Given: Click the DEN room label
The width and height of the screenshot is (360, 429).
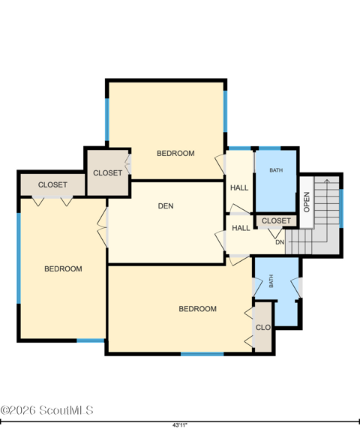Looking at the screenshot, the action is (166, 206).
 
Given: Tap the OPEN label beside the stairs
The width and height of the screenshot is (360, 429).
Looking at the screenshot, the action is (307, 202).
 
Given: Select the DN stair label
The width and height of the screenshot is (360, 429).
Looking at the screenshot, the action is (280, 242).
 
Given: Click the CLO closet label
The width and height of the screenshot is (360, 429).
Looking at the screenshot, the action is (263, 327).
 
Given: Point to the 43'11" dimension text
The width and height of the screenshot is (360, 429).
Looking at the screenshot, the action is (180, 425).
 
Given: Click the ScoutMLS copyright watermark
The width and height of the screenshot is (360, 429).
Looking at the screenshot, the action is (46, 410).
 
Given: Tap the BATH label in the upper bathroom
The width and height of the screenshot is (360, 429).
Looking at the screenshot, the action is (276, 170).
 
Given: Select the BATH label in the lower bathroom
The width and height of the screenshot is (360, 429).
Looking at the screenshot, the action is (271, 281).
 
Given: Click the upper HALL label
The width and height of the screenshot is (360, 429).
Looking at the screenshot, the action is (239, 187).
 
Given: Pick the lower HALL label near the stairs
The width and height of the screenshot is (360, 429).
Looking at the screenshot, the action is (241, 228).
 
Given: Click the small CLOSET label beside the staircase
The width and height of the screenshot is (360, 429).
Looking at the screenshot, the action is (276, 220).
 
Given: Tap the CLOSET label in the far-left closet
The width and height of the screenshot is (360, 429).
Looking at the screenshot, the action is (52, 185).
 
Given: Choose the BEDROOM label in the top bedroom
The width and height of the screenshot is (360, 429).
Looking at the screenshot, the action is (175, 153).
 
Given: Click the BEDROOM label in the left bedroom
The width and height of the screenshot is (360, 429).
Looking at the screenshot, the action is (63, 268).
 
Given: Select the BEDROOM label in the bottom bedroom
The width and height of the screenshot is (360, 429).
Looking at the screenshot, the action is (197, 309).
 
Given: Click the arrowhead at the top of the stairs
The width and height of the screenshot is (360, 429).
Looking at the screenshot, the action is (327, 181).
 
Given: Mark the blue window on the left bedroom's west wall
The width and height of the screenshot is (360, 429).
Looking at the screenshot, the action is (19, 258).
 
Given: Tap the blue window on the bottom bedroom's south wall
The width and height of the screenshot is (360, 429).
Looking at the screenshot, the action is (202, 354).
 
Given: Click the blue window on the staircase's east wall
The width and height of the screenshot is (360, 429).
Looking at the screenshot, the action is (341, 208).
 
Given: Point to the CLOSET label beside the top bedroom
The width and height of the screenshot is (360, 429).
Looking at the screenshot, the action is (107, 173).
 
